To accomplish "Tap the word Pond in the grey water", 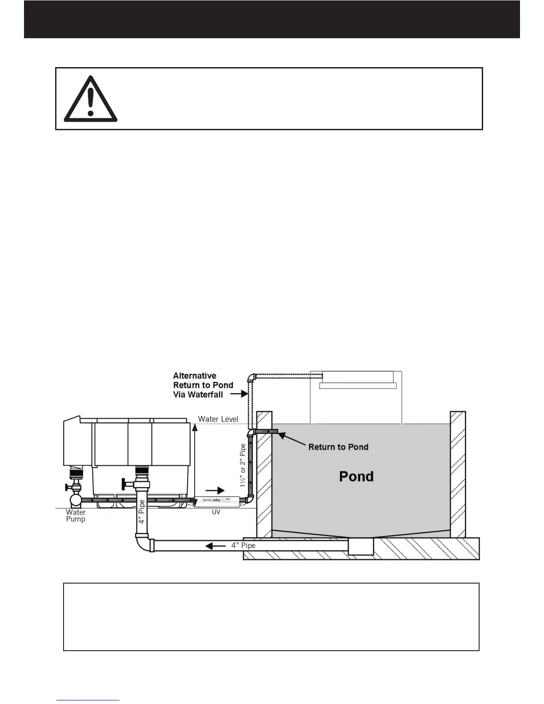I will pyautogui.click(x=356, y=476).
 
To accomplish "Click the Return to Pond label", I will pyautogui.click(x=338, y=447).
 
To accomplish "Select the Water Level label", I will pyautogui.click(x=218, y=419).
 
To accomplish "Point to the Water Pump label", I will pyautogui.click(x=76, y=516).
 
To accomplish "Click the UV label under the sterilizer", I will pyautogui.click(x=216, y=512).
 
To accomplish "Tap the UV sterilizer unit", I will pyautogui.click(x=216, y=502).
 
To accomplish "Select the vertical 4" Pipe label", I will pyautogui.click(x=142, y=512).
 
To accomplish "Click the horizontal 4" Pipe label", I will pyautogui.click(x=243, y=545).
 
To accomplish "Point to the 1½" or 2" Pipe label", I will pyautogui.click(x=243, y=465).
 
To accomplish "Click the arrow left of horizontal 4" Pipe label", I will pyautogui.click(x=216, y=545).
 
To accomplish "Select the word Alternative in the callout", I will pyautogui.click(x=195, y=376).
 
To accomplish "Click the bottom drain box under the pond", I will pyautogui.click(x=360, y=546).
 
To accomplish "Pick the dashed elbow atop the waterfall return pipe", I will pyautogui.click(x=251, y=378).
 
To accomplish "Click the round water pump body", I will pyautogui.click(x=75, y=500).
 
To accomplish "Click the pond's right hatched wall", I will pyautogui.click(x=458, y=474).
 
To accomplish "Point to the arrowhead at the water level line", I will pyautogui.click(x=194, y=427).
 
